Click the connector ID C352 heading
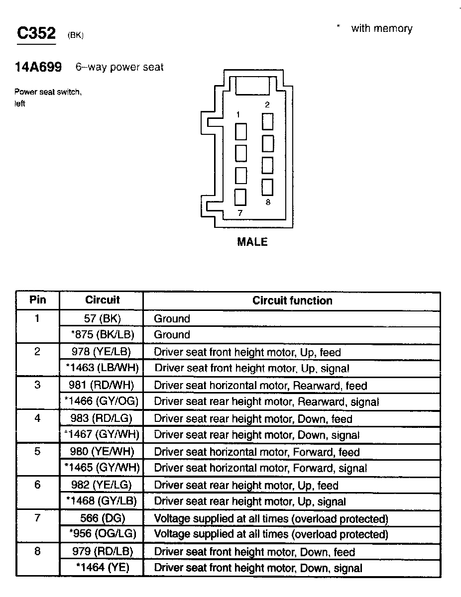click(36, 33)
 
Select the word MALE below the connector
click(252, 242)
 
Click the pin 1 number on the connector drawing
click(238, 115)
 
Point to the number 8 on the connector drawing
click(268, 202)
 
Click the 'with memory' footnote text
click(381, 28)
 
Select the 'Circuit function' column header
click(292, 300)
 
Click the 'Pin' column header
click(38, 299)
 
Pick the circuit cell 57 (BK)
click(102, 318)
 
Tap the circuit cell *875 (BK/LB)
click(102, 335)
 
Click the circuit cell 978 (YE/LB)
click(102, 352)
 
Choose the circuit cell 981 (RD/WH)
click(102, 385)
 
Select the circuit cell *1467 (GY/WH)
click(102, 435)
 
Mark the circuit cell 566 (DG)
click(102, 518)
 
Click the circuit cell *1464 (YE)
click(102, 568)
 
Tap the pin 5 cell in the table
click(38, 452)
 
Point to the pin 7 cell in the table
click(38, 518)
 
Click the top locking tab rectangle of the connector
click(252, 86)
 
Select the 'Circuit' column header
click(102, 299)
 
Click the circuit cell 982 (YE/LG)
click(102, 485)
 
